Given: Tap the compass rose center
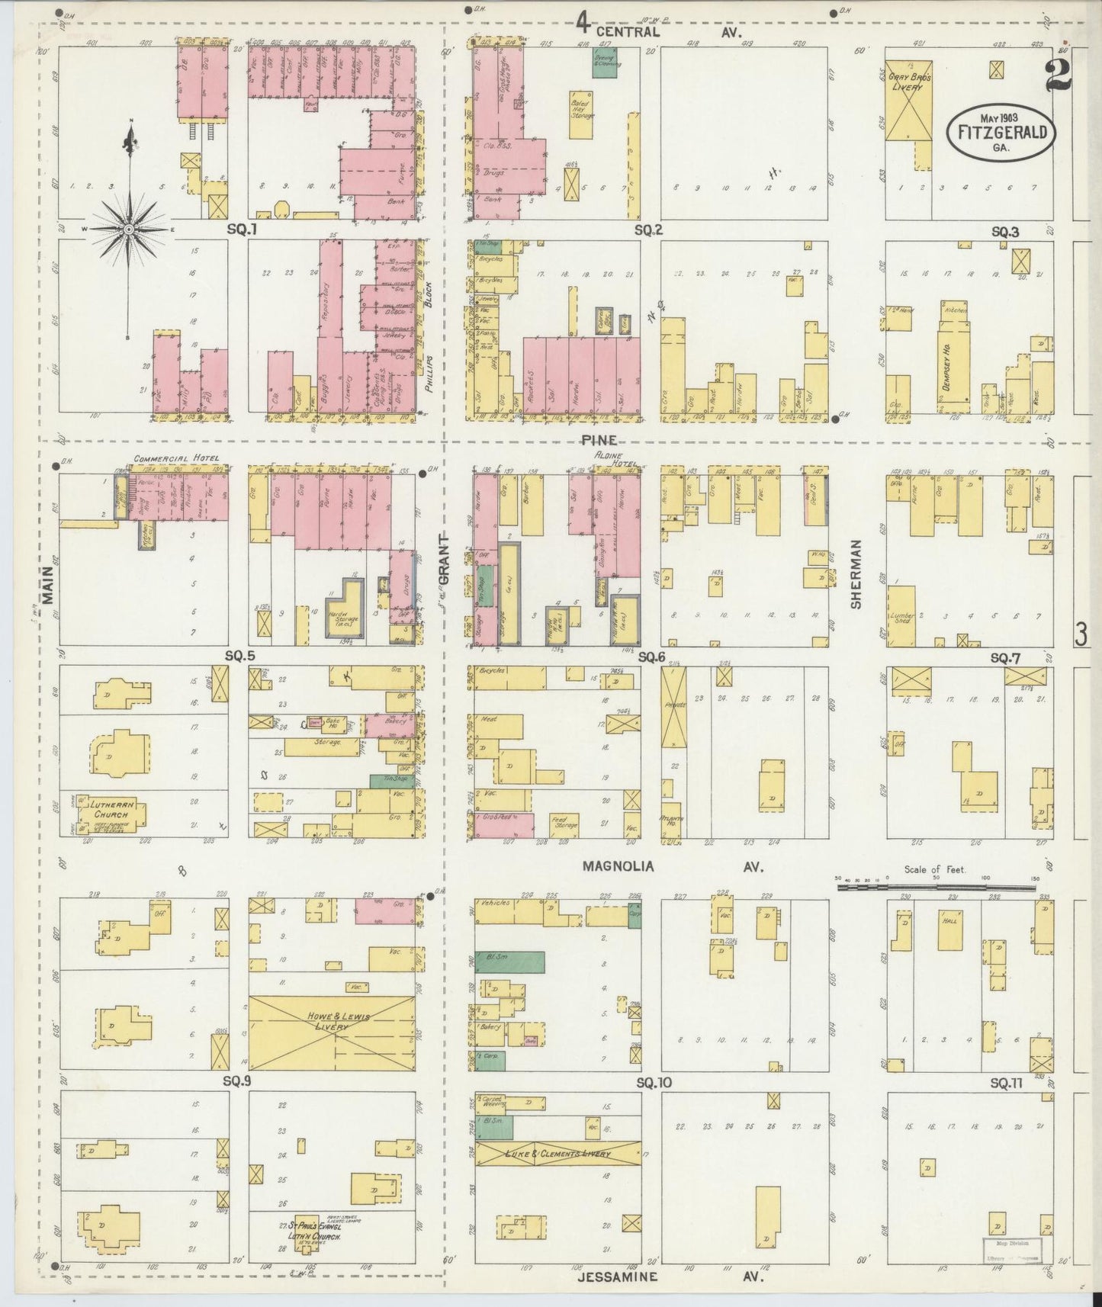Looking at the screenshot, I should coord(129,228).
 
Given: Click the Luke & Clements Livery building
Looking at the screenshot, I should coord(557,1154).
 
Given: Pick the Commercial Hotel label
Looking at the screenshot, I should coord(176,459).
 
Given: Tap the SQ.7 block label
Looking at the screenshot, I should coord(1005,657).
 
